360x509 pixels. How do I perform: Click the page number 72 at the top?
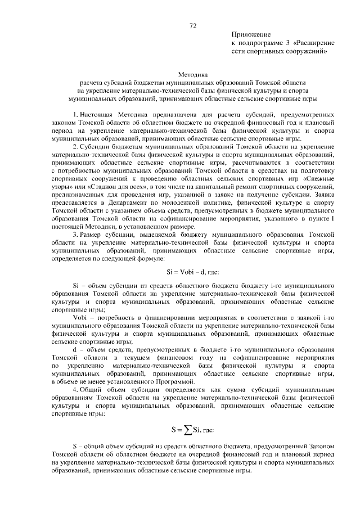coord(192,25)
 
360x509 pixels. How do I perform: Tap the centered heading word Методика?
coord(193,74)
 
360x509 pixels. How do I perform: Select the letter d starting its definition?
coord(75,349)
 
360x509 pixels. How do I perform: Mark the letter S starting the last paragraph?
coord(75,446)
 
